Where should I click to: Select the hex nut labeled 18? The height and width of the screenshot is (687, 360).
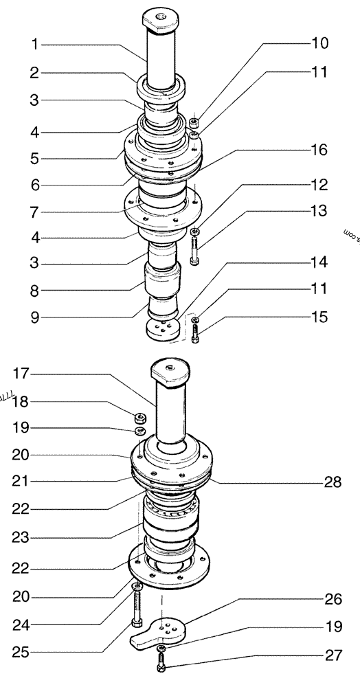click(x=139, y=416)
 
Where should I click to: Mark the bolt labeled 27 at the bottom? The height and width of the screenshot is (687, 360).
click(x=160, y=663)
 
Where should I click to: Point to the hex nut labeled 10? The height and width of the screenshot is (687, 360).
click(x=194, y=123)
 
